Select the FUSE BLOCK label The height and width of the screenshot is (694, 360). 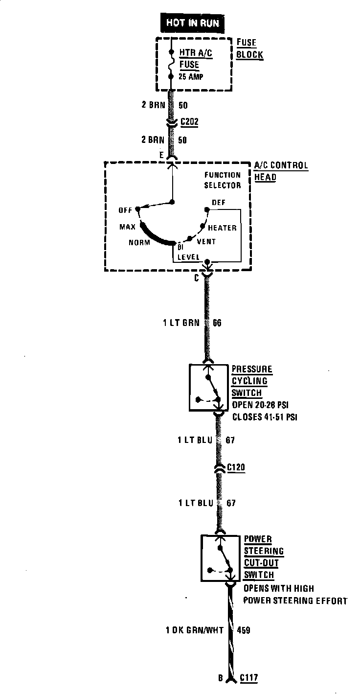point(249,48)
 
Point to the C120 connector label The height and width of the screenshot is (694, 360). point(236,468)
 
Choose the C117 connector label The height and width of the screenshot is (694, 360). point(248,678)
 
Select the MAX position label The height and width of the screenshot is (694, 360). point(127,227)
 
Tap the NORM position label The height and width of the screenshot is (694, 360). point(138,243)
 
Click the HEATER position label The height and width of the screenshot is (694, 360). point(222,228)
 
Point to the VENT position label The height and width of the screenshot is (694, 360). point(206,242)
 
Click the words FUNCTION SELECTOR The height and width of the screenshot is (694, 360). point(223,180)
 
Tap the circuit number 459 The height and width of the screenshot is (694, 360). point(243,630)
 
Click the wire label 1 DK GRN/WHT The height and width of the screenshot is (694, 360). point(194,630)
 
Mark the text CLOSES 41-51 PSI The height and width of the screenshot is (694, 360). point(265,417)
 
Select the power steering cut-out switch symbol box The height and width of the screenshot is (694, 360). point(221,558)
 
